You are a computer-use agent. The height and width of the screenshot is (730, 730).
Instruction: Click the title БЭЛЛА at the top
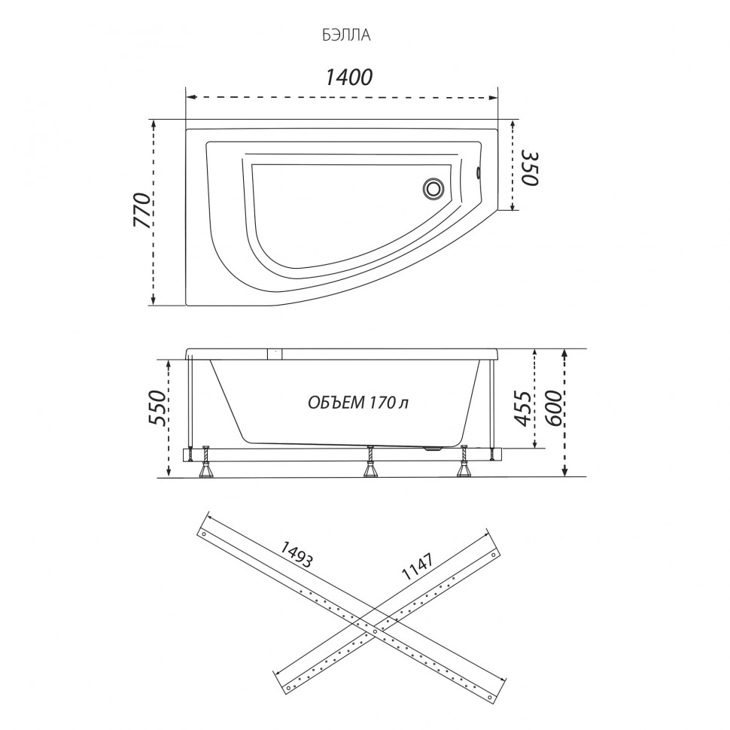(346, 35)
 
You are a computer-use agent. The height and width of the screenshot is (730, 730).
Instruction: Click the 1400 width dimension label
(348, 77)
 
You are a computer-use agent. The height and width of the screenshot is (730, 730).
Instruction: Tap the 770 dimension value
(142, 210)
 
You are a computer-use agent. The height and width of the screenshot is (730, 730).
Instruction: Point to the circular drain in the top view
(433, 189)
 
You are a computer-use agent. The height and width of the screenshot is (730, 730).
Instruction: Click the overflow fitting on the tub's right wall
(478, 173)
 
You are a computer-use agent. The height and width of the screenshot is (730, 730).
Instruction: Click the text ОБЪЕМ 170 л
(358, 402)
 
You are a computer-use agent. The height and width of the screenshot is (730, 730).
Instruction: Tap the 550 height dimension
(157, 408)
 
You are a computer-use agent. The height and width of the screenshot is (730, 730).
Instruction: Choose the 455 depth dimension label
(522, 409)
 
